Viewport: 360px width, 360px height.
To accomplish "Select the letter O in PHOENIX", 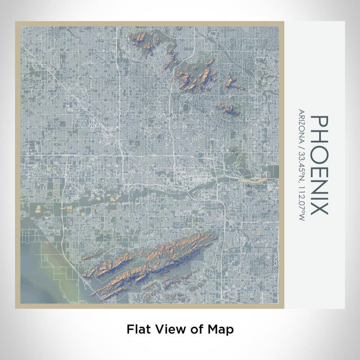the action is click(x=319, y=153).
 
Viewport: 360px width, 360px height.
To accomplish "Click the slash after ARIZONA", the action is click(x=300, y=145).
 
